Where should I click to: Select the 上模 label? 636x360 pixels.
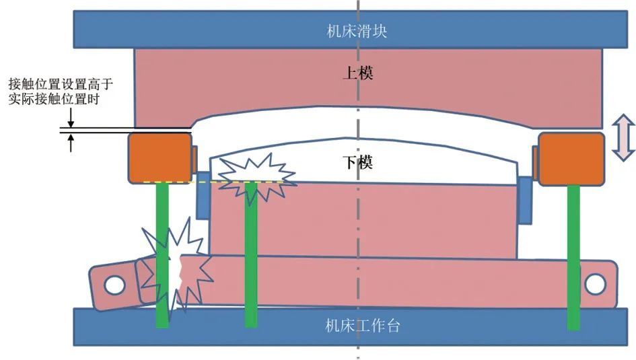(x=357, y=73)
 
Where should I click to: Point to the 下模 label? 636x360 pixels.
(x=357, y=162)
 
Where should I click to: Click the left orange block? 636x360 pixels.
(x=159, y=157)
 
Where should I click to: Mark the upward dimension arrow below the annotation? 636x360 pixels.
(x=71, y=143)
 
